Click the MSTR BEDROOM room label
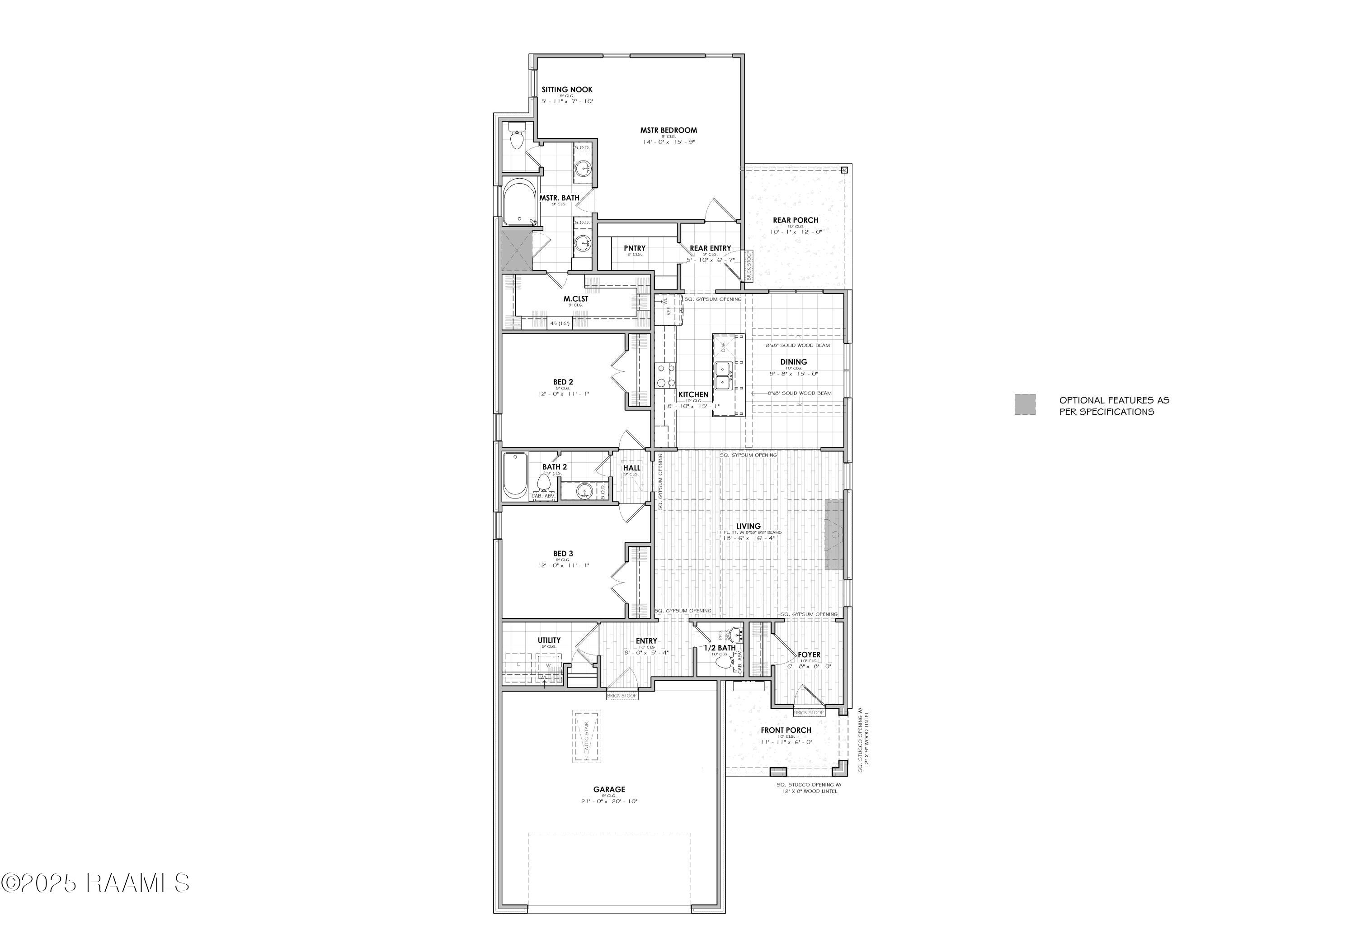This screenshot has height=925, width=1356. click(668, 130)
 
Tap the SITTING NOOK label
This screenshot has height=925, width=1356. click(566, 90)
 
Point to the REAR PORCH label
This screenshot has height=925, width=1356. click(795, 220)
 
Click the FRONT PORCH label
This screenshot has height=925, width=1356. click(786, 730)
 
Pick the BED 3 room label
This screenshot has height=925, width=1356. click(563, 554)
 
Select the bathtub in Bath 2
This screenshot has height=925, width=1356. click(515, 475)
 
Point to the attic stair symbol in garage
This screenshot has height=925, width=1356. click(586, 736)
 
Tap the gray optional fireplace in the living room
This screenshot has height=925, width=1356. click(834, 534)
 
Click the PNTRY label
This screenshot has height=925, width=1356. click(634, 248)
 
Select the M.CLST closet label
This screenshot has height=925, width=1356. click(575, 299)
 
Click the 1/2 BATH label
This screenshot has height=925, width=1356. click(720, 648)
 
